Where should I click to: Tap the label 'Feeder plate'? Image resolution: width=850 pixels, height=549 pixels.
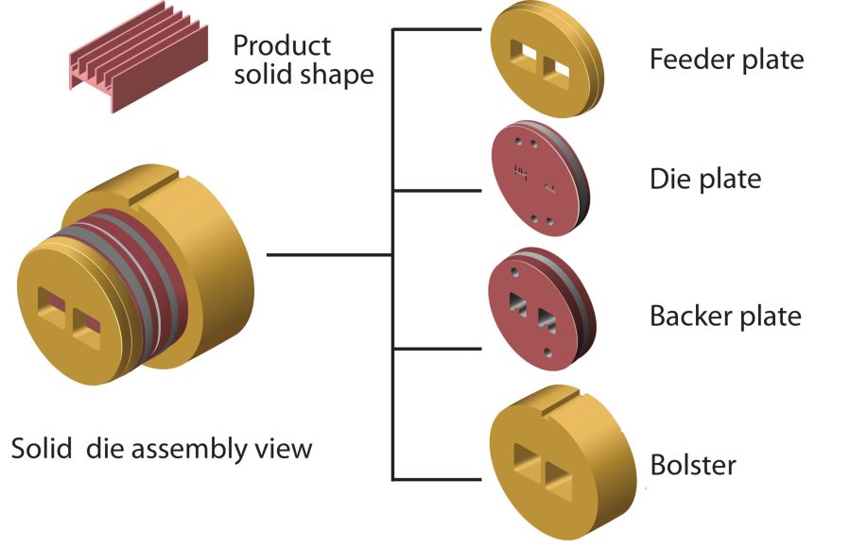click(x=726, y=60)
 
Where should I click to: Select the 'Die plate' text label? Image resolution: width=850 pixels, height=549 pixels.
click(x=704, y=178)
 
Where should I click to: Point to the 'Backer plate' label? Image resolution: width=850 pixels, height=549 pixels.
click(x=725, y=316)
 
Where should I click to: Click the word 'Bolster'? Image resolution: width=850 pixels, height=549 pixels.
click(x=693, y=465)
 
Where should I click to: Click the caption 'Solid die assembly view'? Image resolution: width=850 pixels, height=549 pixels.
click(x=161, y=447)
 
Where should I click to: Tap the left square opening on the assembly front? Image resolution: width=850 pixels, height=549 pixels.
click(x=48, y=303)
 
